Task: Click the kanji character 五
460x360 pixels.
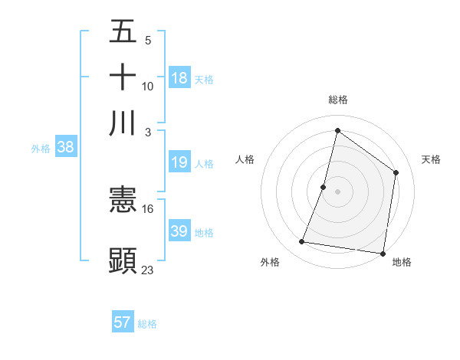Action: coord(123,34)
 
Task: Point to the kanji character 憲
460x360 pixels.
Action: coord(123,201)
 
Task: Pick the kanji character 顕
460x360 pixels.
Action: coord(123,260)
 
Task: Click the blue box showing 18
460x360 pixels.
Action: coord(179,77)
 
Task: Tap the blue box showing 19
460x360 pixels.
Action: coord(179,162)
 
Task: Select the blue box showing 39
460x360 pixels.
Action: coord(179,231)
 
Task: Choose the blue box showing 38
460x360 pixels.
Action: coord(65,148)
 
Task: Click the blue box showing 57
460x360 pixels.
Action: coord(123,322)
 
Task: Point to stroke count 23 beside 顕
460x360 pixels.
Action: coord(148,270)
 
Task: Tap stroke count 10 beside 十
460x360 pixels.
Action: coord(148,86)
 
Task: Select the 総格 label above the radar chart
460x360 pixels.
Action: coord(338,100)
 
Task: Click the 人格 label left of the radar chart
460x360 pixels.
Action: coord(245,159)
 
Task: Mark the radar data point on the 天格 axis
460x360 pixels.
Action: coord(396,172)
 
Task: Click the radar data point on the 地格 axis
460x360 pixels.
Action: coord(383,253)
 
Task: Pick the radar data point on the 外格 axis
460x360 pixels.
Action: coord(302,242)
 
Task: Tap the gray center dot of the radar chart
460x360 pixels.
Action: coord(338,191)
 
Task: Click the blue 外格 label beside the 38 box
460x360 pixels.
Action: coord(41,149)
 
